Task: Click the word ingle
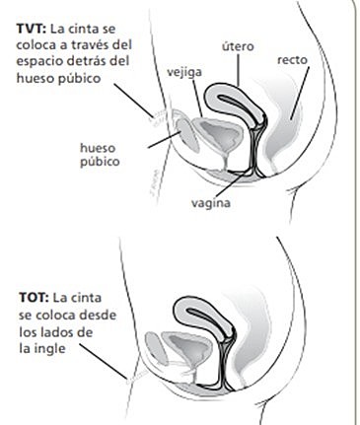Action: (75, 349)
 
